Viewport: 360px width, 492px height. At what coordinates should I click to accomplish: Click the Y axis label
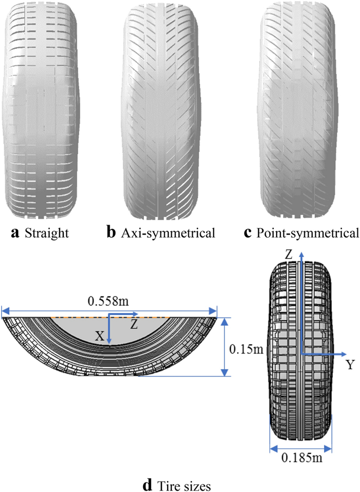pyautogui.click(x=350, y=365)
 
